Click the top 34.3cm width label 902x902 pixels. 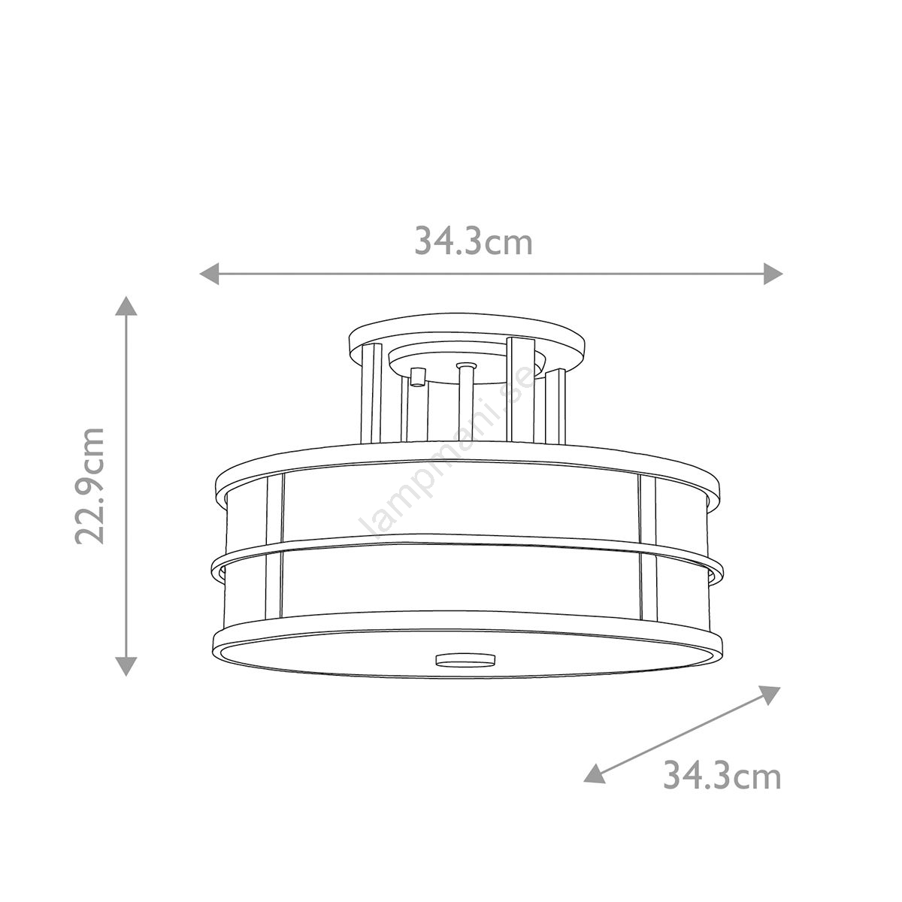tap(474, 241)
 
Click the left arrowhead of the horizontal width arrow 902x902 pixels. tap(209, 274)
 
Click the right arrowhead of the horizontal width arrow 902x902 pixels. tap(773, 274)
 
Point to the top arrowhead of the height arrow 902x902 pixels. tap(126, 306)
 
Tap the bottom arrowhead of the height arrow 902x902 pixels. tap(126, 667)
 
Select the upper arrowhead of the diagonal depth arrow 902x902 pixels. tap(769, 695)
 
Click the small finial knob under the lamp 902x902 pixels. tap(465, 659)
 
